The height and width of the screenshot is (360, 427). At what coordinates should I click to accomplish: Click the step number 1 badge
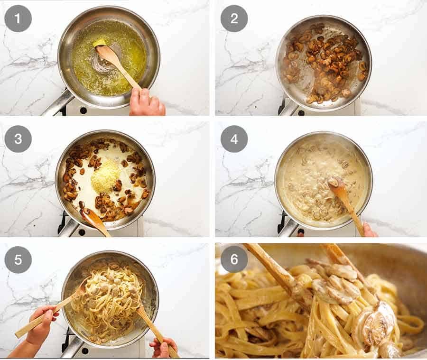click(18, 18)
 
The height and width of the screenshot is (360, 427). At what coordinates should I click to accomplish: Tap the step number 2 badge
click(234, 18)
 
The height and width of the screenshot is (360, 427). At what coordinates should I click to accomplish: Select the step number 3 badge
click(18, 139)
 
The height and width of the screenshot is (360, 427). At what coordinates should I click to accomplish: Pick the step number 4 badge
click(234, 139)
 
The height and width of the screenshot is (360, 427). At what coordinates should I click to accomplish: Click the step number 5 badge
click(18, 259)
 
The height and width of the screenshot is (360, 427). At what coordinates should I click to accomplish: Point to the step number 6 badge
click(234, 259)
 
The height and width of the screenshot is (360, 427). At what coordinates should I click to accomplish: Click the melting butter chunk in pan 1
click(99, 43)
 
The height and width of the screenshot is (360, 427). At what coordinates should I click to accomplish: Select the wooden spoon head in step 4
click(338, 186)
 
